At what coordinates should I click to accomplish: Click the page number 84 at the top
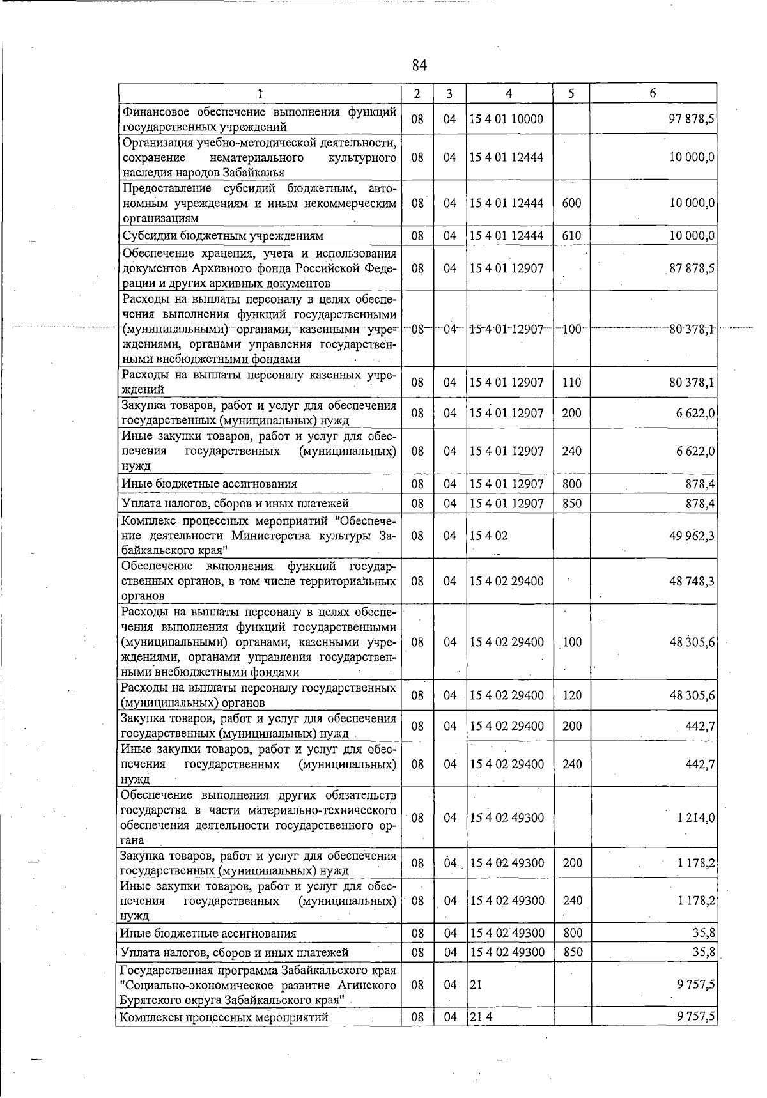(419, 65)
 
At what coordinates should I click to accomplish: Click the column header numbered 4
(508, 93)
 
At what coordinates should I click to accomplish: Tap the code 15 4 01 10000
(506, 119)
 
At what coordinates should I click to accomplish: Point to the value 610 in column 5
(571, 236)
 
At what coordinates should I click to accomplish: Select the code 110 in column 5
(571, 383)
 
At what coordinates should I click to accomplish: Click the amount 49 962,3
(692, 536)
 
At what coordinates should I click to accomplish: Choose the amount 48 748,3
(692, 581)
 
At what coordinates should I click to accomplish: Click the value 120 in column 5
(571, 695)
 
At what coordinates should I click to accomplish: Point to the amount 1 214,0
(696, 818)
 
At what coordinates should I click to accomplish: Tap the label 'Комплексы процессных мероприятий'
(224, 1017)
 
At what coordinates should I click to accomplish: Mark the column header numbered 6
(653, 93)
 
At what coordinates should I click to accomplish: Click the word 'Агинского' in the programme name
(367, 986)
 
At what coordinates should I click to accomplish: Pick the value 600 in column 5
(571, 203)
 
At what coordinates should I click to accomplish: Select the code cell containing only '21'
(476, 986)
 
